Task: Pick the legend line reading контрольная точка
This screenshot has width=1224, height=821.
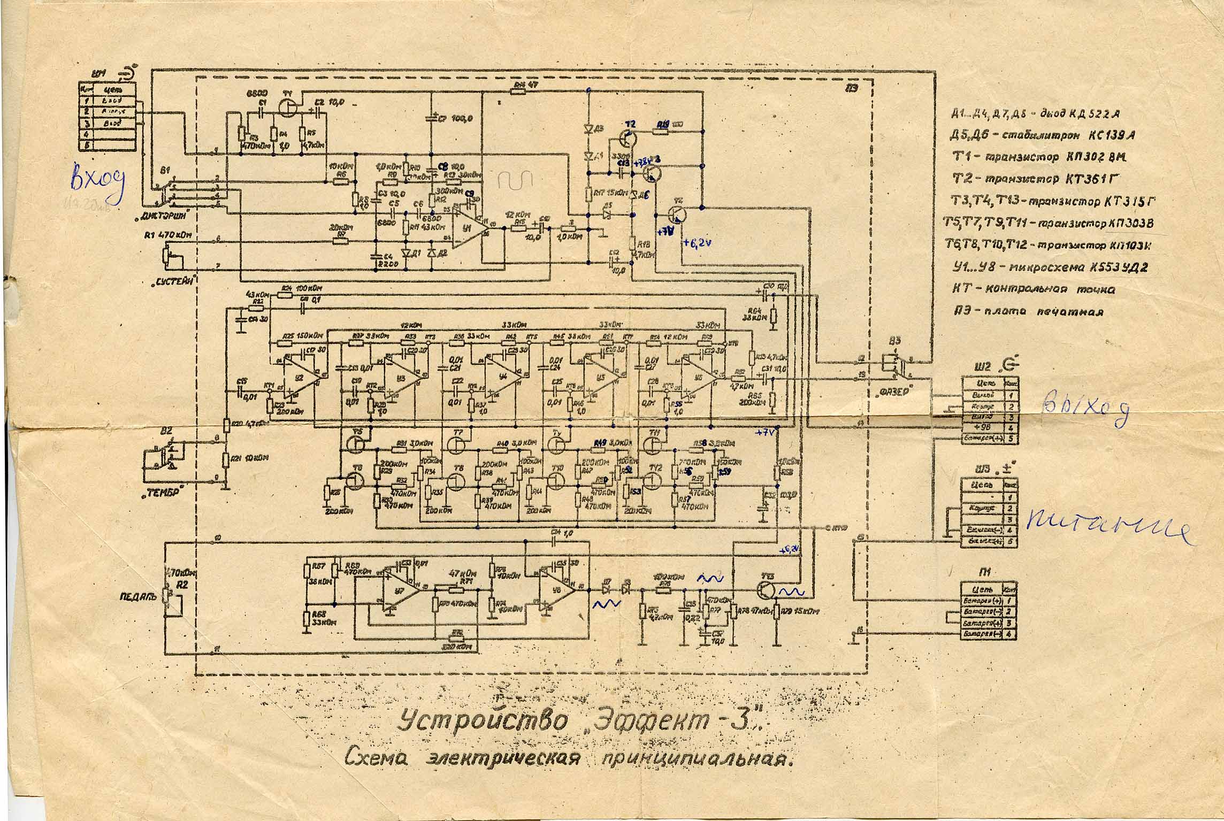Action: coord(1035,289)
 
